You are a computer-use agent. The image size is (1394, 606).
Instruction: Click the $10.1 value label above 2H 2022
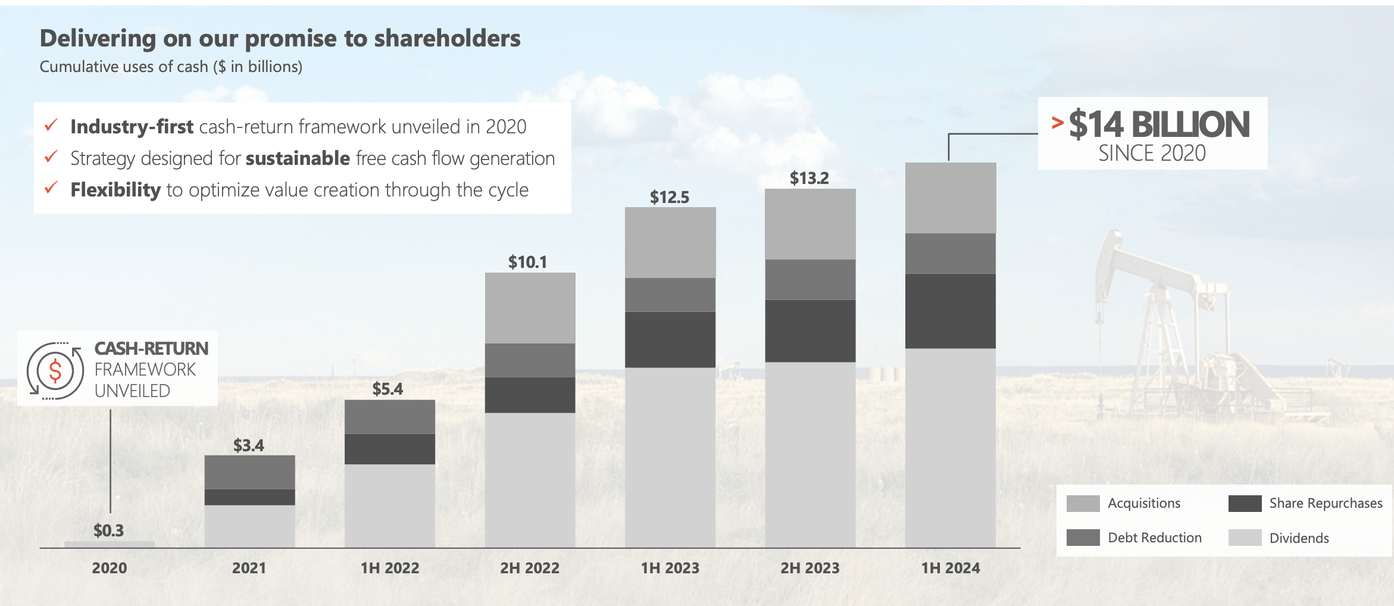pos(527,262)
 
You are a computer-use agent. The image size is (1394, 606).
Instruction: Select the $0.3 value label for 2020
pos(108,530)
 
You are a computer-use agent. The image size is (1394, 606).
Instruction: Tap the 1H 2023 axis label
pos(670,568)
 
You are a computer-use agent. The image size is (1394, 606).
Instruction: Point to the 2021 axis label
pos(249,568)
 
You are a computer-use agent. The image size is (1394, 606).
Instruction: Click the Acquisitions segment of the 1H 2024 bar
pos(951,198)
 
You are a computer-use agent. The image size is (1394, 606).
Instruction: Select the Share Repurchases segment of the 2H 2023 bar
pos(810,330)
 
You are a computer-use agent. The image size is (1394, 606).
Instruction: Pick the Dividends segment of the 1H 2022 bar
pos(390,505)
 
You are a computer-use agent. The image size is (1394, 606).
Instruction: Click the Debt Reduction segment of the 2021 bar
pos(249,472)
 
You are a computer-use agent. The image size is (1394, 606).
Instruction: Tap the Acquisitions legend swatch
pos(1083,504)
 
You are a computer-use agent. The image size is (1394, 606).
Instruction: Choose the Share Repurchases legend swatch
pos(1245,504)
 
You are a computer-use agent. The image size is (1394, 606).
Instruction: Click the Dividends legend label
pos(1299,538)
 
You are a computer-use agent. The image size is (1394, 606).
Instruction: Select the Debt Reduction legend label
pos(1154,538)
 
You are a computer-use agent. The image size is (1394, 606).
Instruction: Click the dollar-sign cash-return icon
pos(55,371)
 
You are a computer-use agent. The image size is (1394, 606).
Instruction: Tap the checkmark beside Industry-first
pos(51,126)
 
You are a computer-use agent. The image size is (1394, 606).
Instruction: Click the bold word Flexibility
pos(115,190)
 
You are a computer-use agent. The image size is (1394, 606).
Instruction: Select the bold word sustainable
pos(298,158)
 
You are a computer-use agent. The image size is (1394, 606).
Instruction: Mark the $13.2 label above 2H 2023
pos(809,178)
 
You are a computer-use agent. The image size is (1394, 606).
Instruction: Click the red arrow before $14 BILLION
pos(1057,123)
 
